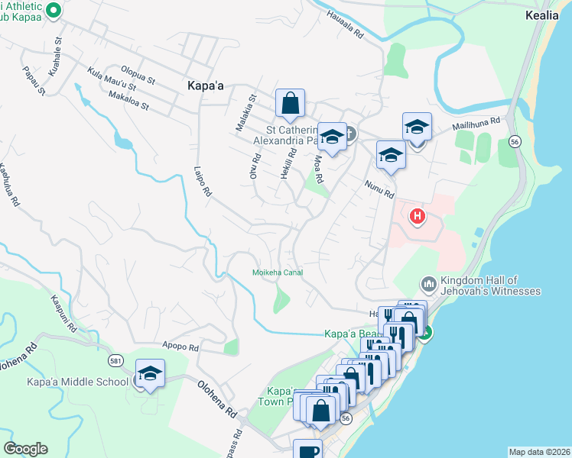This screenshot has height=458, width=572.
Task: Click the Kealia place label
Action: [x=547, y=15]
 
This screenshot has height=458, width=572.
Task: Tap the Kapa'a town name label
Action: [x=205, y=86]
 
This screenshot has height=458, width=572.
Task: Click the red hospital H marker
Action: [x=418, y=217]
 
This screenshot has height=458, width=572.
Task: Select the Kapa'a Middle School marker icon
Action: [x=150, y=375]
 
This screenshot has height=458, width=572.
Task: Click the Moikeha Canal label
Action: [x=278, y=273]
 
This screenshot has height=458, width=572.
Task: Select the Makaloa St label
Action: [x=128, y=101]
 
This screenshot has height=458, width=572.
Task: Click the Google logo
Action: [x=25, y=449]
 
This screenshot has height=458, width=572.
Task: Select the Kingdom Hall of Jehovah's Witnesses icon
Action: [x=428, y=284]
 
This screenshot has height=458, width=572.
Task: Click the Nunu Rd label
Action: [x=379, y=189]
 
